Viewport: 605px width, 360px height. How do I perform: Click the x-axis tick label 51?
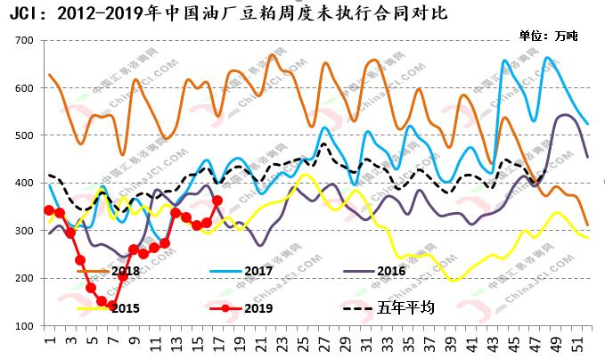pos(584,343)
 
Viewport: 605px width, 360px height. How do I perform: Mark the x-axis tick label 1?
pos(50,343)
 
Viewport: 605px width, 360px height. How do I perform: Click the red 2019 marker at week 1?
pos(49,210)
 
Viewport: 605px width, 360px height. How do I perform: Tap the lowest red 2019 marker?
pos(111,307)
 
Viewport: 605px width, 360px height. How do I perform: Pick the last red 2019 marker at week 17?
pos(217,200)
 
